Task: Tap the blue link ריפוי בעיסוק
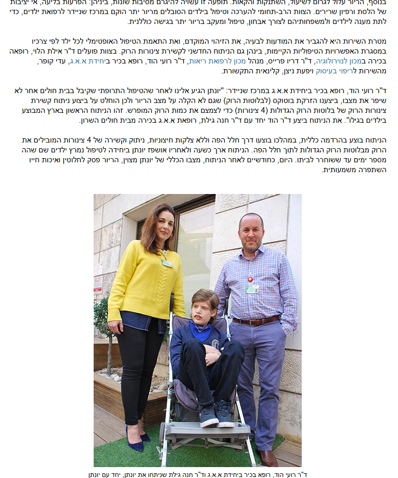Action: (x=333, y=71)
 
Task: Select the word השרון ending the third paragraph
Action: (x=89, y=120)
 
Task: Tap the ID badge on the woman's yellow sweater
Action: (x=166, y=263)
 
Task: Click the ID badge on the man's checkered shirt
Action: (x=252, y=289)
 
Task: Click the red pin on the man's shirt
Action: (x=250, y=280)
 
